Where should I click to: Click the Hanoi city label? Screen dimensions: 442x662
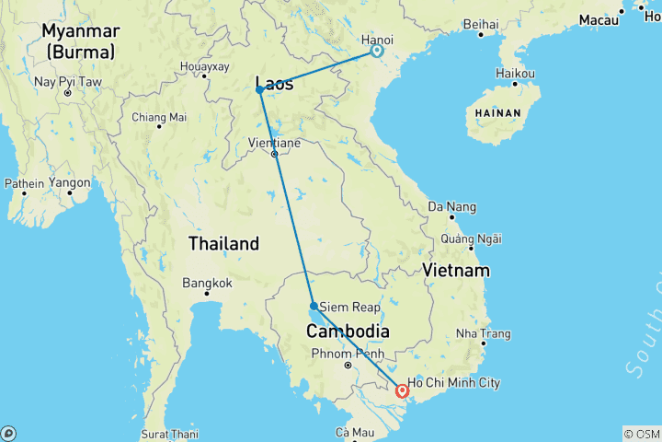(376, 40)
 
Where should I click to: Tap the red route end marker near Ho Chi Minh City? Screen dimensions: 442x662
(401, 390)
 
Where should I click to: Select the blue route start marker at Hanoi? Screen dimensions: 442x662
(376, 52)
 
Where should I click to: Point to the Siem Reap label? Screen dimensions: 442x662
(346, 307)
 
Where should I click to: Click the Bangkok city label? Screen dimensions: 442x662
(207, 283)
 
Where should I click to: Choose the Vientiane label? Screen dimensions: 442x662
(274, 143)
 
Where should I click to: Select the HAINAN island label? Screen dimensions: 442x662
(497, 113)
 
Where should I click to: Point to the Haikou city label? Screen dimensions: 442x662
(515, 73)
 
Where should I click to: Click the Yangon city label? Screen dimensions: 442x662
(70, 182)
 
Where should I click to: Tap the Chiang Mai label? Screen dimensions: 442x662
(159, 117)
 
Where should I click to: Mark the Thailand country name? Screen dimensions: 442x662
(223, 244)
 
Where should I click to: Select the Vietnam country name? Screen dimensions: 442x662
(456, 271)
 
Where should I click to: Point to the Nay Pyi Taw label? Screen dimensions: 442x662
(66, 82)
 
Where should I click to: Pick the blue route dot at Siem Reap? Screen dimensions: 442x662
(314, 306)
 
